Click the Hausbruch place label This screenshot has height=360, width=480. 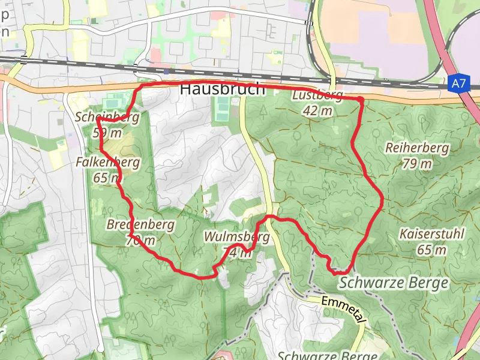[x=222, y=89]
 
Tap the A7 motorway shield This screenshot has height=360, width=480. [x=458, y=85]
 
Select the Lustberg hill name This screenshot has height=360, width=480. [x=317, y=96]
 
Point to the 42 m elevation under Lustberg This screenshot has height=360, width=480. [x=317, y=110]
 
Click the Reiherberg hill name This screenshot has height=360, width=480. [x=409, y=148]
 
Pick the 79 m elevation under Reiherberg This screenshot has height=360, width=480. [x=418, y=163]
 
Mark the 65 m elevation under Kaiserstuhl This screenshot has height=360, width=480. [x=431, y=250]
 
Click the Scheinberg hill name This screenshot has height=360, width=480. [x=107, y=117]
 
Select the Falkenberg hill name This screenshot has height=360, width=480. [x=108, y=162]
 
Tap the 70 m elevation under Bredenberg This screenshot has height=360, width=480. [x=140, y=241]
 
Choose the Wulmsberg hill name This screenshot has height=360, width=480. [x=237, y=237]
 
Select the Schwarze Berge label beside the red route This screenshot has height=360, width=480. [x=394, y=283]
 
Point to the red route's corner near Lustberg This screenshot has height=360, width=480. [x=361, y=99]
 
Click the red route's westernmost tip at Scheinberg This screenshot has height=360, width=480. [x=97, y=119]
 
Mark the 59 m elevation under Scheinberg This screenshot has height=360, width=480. [x=108, y=132]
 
